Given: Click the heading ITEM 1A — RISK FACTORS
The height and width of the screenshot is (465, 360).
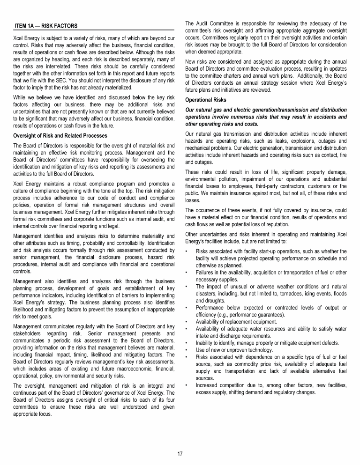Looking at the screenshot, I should (x=46, y=25).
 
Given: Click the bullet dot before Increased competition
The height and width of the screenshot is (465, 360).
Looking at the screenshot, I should (x=187, y=385).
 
